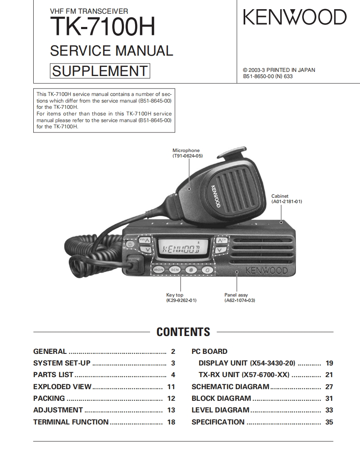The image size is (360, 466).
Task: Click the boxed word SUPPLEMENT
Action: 100,71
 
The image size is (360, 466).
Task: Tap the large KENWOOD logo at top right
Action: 294,17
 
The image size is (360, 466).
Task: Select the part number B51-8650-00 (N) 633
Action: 268,76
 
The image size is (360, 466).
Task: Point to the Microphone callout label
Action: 187,153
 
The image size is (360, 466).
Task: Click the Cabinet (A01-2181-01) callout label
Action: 286,199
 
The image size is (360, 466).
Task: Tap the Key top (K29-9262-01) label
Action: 181,297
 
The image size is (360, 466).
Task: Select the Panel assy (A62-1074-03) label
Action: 239,297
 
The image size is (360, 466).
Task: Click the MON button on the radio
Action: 159,270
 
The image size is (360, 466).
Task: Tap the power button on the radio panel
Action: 130,244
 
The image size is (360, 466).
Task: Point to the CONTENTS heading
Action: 183,332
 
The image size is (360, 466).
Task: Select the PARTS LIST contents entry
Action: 53,375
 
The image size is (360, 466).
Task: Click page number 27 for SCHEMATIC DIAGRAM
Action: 329,387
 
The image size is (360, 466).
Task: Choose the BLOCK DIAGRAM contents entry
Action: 221,398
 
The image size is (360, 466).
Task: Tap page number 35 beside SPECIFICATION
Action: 329,422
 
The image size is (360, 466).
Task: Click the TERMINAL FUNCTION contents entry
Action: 71,422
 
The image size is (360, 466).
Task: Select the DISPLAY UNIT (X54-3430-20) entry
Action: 247,363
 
